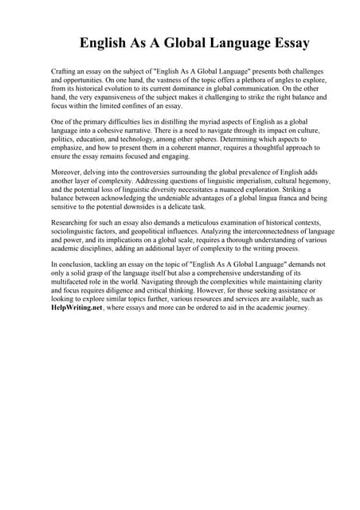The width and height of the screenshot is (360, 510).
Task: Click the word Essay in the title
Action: tap(283, 43)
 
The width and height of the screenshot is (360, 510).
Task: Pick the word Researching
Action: tap(72, 222)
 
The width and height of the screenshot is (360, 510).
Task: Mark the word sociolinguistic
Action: tap(80, 230)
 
